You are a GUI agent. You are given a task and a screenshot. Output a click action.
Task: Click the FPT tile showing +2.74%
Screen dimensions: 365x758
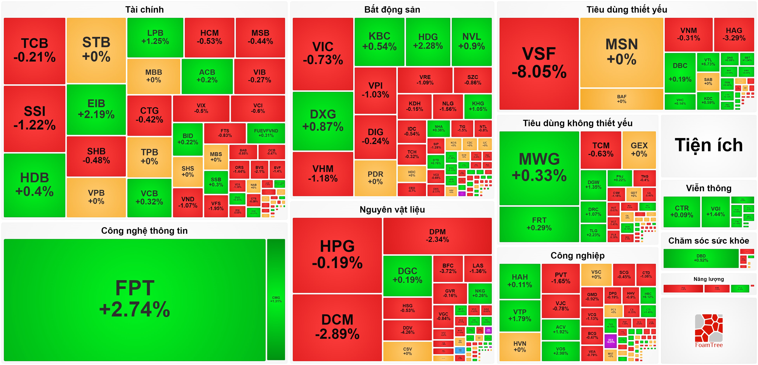tap(135, 299)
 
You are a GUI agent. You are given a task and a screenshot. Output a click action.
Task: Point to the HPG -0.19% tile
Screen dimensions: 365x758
tap(337, 255)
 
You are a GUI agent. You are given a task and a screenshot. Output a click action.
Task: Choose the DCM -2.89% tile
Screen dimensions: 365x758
tap(337, 327)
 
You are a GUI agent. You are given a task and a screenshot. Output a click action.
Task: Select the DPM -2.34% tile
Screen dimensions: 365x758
tap(437, 236)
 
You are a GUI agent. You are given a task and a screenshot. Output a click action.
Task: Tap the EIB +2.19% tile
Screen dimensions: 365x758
tap(96, 109)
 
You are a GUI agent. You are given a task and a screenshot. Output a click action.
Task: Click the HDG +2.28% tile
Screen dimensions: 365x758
tap(428, 41)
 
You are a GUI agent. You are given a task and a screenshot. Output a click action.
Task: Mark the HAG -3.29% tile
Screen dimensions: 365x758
tap(734, 34)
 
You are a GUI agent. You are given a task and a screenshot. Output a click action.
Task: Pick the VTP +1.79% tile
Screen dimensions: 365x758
tap(520, 315)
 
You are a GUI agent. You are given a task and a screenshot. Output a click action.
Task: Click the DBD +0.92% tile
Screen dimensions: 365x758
tap(701, 258)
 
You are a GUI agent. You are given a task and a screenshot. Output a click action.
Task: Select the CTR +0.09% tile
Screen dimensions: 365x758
tap(682, 211)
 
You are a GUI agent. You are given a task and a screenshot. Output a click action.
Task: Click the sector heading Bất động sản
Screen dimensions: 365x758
tap(392, 10)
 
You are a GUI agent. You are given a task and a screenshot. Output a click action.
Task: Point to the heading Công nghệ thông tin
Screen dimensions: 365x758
tap(144, 231)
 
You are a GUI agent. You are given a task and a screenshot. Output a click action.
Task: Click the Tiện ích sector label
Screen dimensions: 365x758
tap(708, 145)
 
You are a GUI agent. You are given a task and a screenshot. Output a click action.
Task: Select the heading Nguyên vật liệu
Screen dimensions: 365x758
tap(392, 209)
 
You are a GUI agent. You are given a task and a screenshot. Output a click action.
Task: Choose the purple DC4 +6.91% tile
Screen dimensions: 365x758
tap(611, 341)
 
